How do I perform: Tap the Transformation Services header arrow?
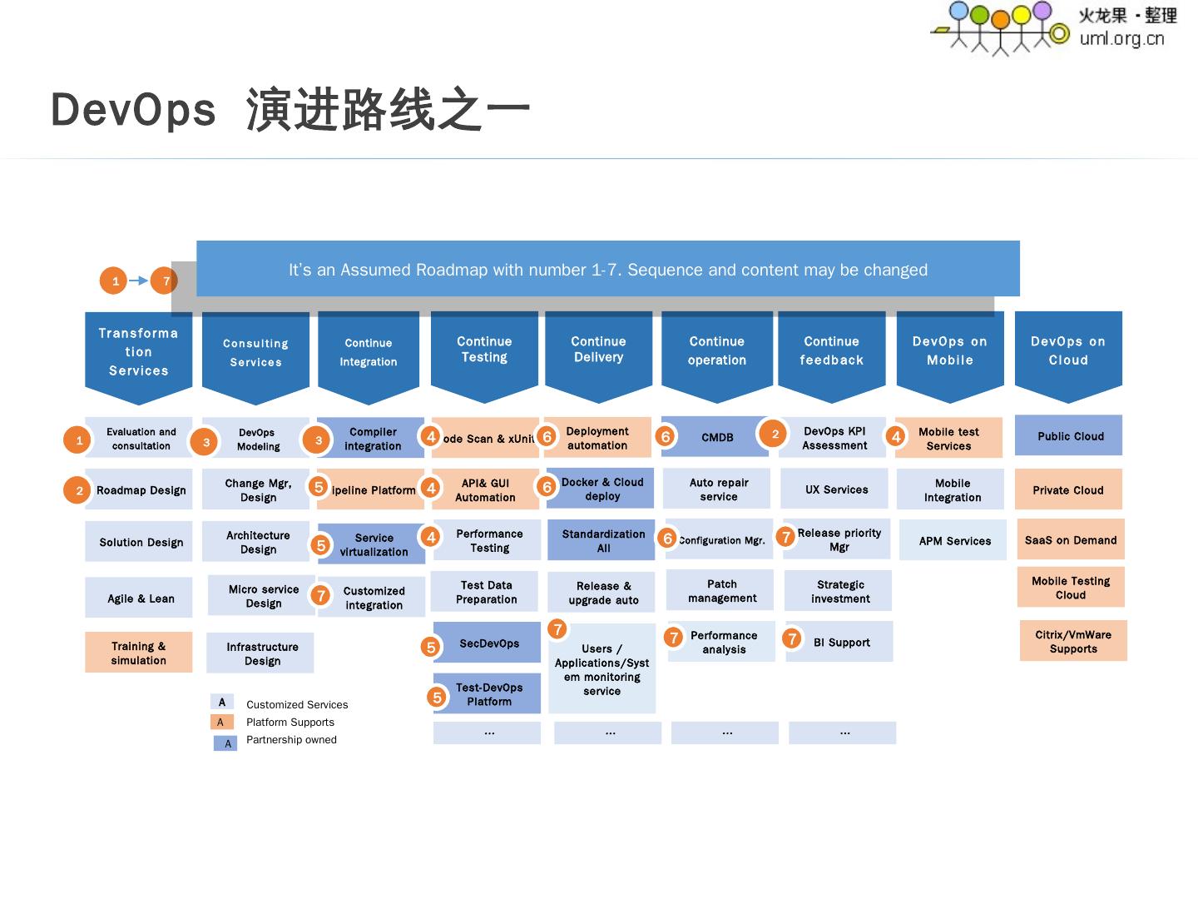(138, 353)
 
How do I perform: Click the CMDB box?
(717, 437)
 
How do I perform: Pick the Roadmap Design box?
(141, 490)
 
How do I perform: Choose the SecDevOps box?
(488, 643)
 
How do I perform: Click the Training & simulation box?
(138, 653)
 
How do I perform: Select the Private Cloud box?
(1068, 490)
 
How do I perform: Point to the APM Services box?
(953, 541)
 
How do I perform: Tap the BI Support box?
(841, 643)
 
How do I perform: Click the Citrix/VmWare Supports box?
(1073, 641)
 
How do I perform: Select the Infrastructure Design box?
(261, 653)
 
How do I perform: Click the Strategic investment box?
(839, 591)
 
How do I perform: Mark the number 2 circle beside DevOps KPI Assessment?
(774, 434)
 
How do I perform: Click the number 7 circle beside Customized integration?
(320, 595)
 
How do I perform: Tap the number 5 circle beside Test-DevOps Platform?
(437, 698)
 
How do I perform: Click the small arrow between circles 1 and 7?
(139, 281)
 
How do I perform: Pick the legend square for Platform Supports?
(221, 722)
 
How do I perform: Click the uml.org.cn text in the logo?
(1121, 38)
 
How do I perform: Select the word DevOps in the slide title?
(133, 110)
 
